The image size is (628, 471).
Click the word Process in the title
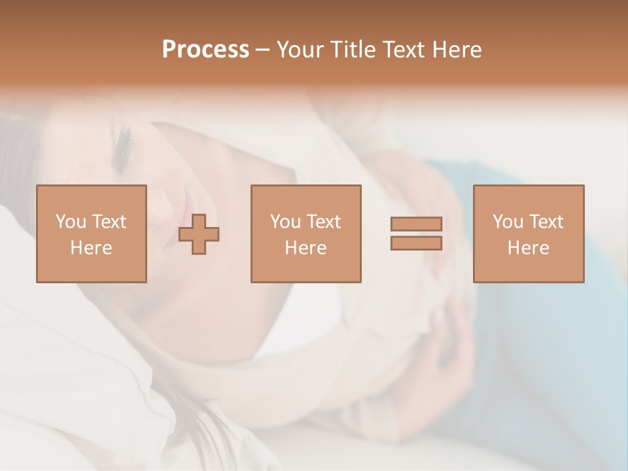point(205,50)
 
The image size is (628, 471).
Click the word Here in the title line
point(459,50)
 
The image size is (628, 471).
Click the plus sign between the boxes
point(199,234)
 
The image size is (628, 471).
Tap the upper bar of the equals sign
point(416,224)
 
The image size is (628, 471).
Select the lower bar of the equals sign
point(416,243)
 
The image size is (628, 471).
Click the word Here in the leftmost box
point(91,248)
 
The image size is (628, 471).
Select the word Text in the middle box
point(323,222)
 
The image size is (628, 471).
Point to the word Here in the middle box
point(305,248)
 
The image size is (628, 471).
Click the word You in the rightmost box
point(508,222)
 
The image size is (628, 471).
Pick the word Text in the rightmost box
point(546,222)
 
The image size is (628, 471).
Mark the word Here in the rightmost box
point(528,248)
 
